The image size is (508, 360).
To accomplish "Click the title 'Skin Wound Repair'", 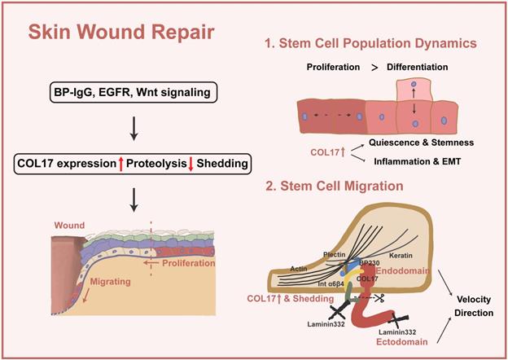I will point(123,34).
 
